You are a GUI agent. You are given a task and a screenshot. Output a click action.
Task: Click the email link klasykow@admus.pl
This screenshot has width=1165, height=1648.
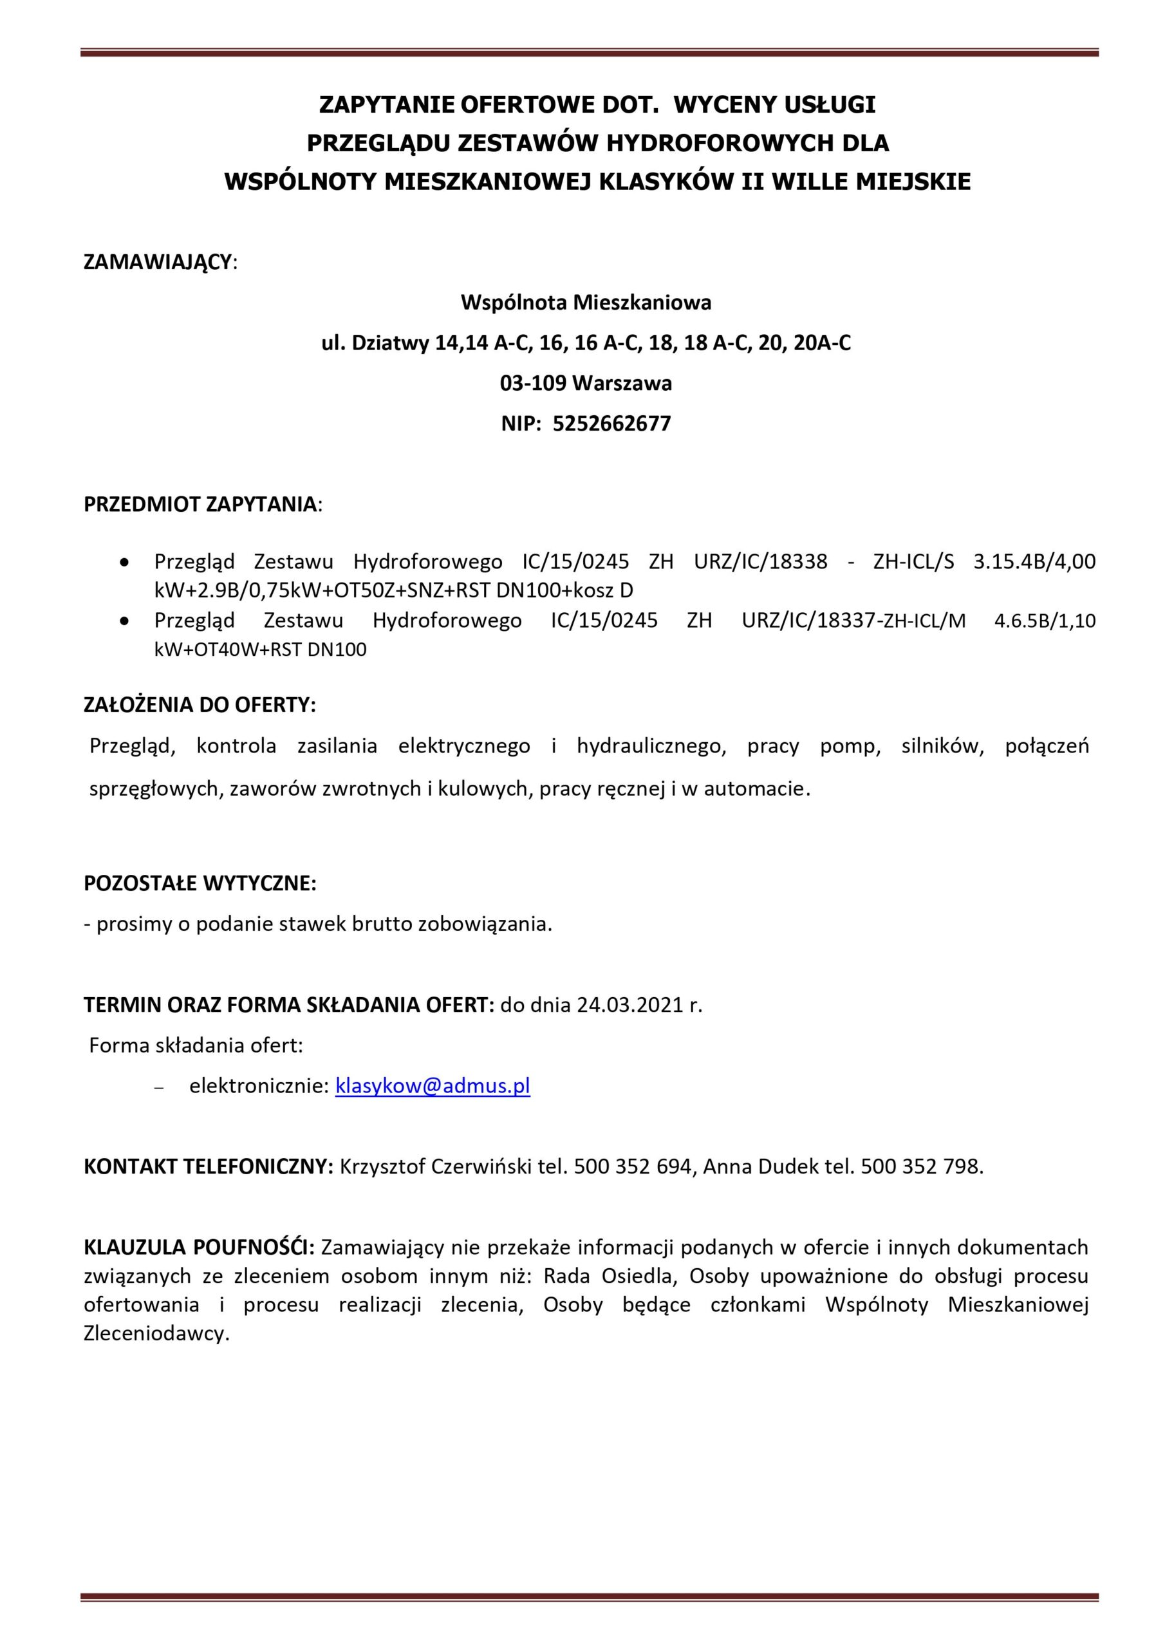tap(432, 1086)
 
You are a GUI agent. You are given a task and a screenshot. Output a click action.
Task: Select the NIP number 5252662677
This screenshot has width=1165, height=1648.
tap(611, 424)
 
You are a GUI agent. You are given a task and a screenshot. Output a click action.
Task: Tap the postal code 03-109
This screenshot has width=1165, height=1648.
tap(534, 383)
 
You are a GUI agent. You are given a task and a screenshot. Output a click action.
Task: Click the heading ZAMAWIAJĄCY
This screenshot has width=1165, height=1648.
tap(158, 262)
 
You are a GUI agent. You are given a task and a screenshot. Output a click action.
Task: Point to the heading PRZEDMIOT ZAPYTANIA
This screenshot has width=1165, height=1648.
tap(200, 504)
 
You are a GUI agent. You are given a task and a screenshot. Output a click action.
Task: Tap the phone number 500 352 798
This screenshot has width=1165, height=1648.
tap(921, 1167)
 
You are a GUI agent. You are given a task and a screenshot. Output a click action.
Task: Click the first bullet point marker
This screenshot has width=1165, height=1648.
tap(125, 562)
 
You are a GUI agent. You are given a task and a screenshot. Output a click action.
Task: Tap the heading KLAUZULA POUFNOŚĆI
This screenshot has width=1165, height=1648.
tap(199, 1248)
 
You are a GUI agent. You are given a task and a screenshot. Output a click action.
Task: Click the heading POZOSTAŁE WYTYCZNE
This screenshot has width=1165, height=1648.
tap(200, 884)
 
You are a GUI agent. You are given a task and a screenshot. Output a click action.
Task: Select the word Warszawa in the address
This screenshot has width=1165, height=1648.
tap(622, 383)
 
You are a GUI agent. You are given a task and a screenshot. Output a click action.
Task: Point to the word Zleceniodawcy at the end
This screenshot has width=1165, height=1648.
tap(155, 1334)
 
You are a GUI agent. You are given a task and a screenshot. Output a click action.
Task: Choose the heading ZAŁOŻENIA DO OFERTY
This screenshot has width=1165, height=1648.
tap(200, 704)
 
